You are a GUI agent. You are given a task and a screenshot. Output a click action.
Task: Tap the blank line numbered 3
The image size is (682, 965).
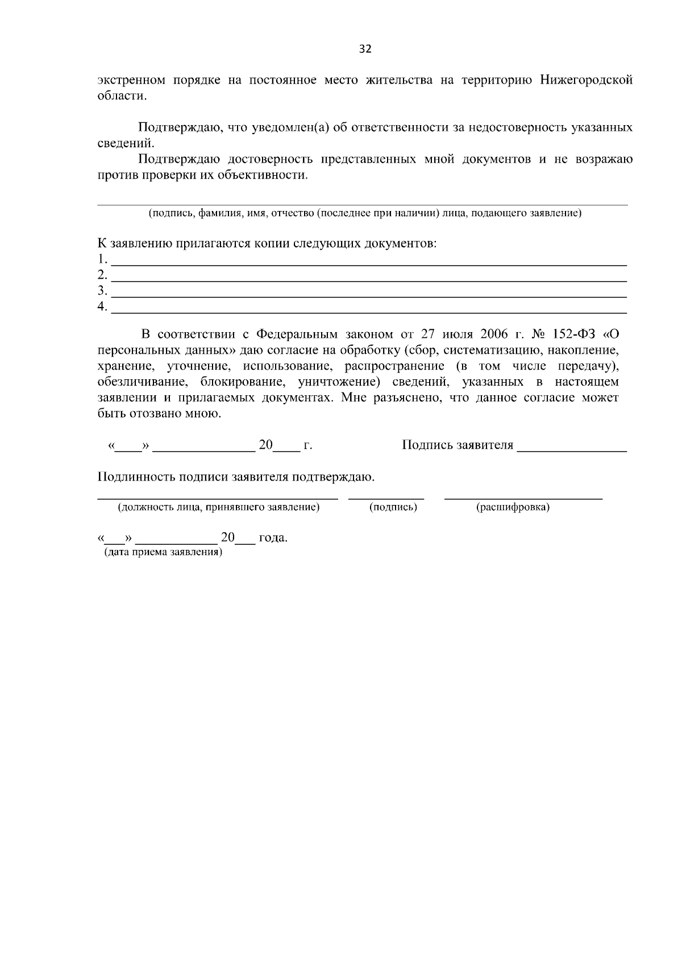click(x=368, y=296)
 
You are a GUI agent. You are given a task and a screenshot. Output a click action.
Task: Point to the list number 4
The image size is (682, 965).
click(x=102, y=307)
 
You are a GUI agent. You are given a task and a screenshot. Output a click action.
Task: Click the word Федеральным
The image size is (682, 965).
click(x=297, y=334)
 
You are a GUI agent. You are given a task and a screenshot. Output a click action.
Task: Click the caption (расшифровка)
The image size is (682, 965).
click(x=513, y=507)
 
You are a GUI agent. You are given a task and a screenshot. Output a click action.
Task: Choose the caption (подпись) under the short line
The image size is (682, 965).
click(x=393, y=507)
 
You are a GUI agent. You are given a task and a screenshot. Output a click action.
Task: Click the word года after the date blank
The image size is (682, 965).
click(x=273, y=538)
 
